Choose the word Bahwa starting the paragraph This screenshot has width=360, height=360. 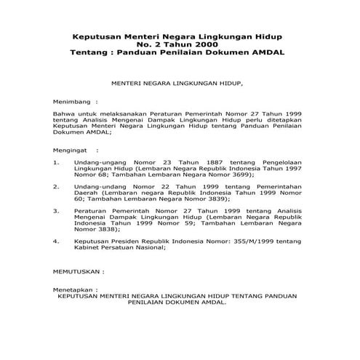coord(65,115)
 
